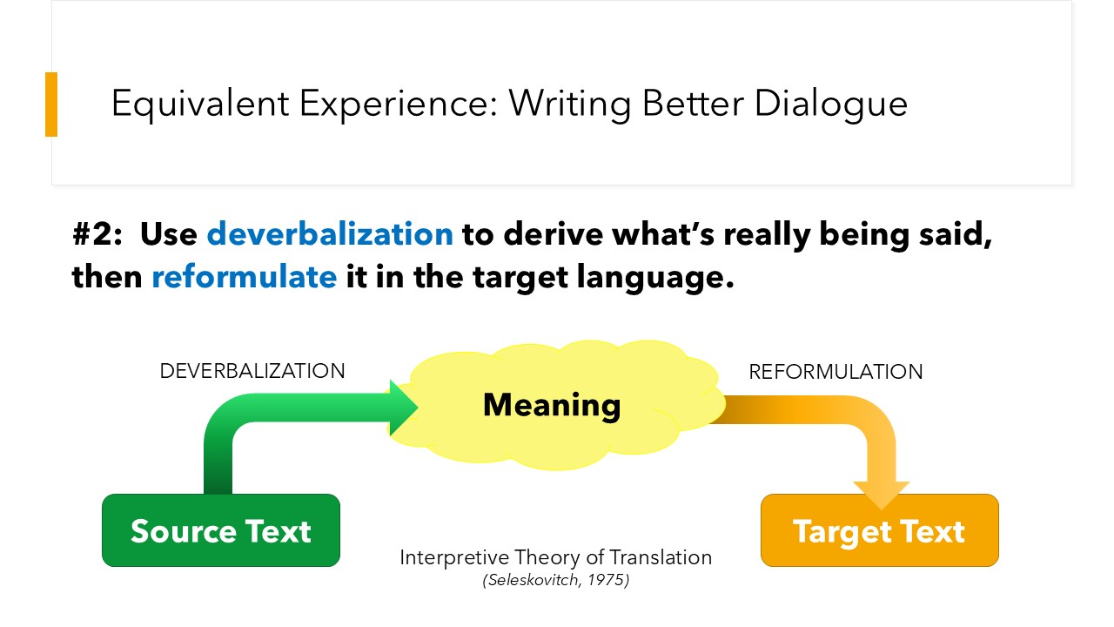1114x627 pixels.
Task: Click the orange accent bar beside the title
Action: [x=51, y=104]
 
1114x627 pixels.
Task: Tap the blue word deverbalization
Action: [x=330, y=234]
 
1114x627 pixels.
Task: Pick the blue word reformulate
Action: [x=245, y=277]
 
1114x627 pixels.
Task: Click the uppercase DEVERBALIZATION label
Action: [x=252, y=371]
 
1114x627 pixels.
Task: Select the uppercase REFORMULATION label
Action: [x=835, y=372]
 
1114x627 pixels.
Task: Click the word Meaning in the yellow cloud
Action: [x=552, y=406]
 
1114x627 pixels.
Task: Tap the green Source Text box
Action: [x=221, y=530]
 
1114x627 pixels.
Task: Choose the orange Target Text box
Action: [x=879, y=530]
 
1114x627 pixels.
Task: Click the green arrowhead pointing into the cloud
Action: [x=403, y=408]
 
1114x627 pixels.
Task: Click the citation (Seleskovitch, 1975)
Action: [x=555, y=580]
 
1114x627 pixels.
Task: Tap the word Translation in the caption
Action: [x=661, y=557]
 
